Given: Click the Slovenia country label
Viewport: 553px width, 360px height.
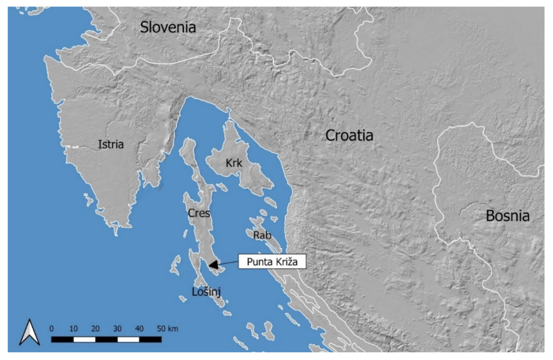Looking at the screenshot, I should (x=168, y=27).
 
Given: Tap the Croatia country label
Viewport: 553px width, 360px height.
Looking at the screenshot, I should (x=350, y=135).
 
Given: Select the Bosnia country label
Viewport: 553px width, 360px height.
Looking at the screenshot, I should (x=508, y=216).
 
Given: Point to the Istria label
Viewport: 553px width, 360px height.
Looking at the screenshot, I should (x=111, y=145).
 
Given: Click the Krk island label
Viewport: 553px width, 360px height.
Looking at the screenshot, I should (x=234, y=163).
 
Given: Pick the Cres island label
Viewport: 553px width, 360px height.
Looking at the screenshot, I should (x=199, y=213).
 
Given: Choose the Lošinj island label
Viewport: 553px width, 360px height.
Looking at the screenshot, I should (x=207, y=292).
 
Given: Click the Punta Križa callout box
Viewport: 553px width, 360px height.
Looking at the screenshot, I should (x=271, y=262).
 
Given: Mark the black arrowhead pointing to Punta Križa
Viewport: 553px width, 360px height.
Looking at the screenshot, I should (x=214, y=265).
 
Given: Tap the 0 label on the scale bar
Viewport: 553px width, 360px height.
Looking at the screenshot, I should (x=51, y=329).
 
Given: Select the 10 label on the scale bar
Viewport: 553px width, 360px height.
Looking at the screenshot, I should (x=73, y=329).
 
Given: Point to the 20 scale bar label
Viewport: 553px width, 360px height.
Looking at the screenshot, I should (x=95, y=329).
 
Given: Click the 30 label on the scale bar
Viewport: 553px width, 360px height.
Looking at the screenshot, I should (x=117, y=329).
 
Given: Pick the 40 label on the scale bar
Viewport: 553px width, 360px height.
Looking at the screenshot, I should (x=139, y=329).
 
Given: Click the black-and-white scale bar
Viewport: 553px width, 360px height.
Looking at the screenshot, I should (x=106, y=339).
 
